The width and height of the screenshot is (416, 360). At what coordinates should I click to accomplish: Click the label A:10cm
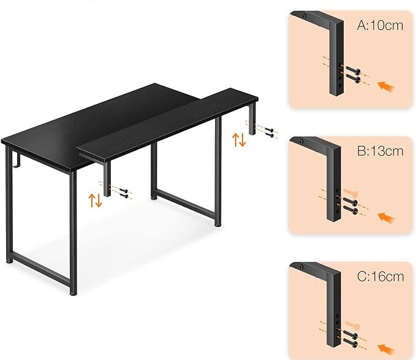(x=380, y=26)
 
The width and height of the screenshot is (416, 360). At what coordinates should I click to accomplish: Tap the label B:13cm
(x=380, y=151)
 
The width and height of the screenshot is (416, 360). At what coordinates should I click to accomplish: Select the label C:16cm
(x=380, y=277)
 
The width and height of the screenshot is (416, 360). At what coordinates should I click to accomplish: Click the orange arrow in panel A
(x=386, y=86)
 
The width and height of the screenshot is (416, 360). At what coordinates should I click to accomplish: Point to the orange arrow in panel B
(x=386, y=218)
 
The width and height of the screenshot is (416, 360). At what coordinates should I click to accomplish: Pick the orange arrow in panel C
(x=386, y=348)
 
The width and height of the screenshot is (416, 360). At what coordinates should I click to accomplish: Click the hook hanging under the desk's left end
(x=17, y=160)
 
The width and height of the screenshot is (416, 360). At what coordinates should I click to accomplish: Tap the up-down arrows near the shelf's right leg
(x=239, y=140)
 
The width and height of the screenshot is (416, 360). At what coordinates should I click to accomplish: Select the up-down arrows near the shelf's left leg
(x=95, y=200)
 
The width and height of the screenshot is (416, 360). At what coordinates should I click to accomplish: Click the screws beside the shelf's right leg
(x=269, y=132)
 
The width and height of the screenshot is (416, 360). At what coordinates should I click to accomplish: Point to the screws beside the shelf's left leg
(x=124, y=193)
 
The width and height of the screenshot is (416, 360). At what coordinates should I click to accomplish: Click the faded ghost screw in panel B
(x=350, y=192)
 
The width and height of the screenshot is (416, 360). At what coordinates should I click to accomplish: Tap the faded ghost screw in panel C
(x=352, y=325)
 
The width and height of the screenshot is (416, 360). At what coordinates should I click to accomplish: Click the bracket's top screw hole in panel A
(x=304, y=15)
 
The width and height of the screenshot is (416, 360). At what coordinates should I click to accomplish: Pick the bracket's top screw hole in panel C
(x=301, y=267)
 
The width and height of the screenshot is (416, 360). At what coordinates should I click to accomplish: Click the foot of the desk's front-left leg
(x=74, y=293)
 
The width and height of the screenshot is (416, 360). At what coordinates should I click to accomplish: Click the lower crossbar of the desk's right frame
(x=185, y=201)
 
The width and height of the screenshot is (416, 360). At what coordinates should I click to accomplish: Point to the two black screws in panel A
(x=353, y=75)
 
